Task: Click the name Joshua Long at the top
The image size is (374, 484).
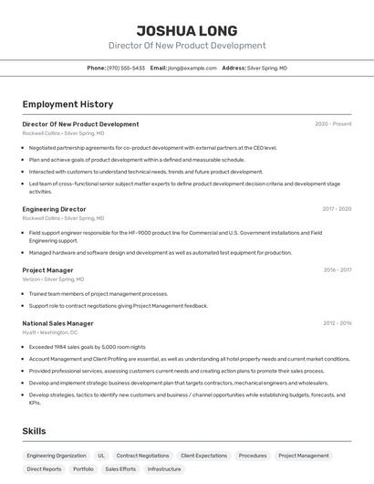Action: coord(186,30)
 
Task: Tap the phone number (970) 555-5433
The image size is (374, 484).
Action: coord(126,68)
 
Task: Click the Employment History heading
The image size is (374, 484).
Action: coord(68,104)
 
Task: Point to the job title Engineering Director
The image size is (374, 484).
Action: coord(54,209)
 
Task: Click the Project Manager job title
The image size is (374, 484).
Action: coord(47,270)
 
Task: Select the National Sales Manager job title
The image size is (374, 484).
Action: coord(57,323)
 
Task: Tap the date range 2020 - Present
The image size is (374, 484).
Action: coord(333,124)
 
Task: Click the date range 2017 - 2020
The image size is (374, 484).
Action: coord(337,209)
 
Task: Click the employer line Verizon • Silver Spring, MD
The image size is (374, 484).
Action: coord(53,279)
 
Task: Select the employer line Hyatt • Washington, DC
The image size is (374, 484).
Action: coord(49,332)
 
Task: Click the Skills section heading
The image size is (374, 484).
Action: coord(36,430)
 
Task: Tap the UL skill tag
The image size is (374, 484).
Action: coord(101,455)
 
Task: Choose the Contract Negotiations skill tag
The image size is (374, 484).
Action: coord(142,455)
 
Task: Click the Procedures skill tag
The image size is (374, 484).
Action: coord(253,455)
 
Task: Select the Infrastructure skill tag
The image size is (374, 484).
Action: coord(164,468)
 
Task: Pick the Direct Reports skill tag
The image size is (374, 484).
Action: coord(44,468)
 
